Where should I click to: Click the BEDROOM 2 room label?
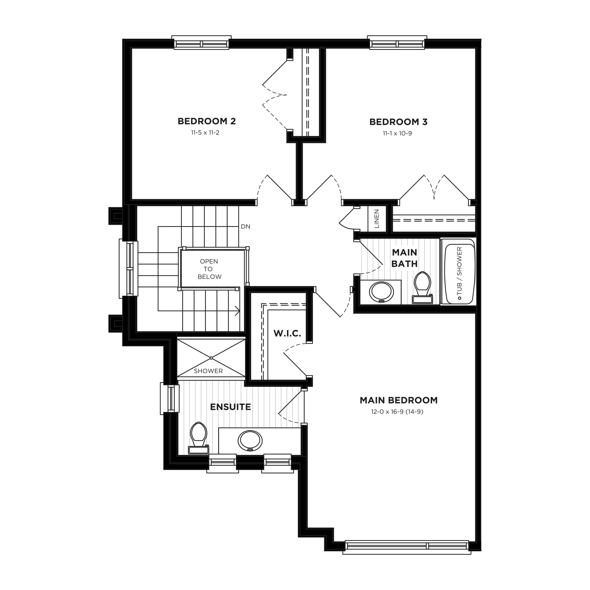pos(207,121)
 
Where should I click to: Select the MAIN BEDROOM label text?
pos(399,400)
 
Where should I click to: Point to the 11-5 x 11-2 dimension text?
pos(205,133)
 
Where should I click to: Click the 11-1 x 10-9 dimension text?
pos(397,133)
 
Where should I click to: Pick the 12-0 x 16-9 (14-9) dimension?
pos(397,412)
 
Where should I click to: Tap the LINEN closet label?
pos(376,219)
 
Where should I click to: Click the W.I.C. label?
pos(287,334)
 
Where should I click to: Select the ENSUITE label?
pos(231,407)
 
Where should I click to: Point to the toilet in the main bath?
pos(422,287)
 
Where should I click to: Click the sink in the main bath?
pos(381,292)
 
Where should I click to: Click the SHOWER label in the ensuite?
pos(208,371)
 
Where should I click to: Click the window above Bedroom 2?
pos(201,43)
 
